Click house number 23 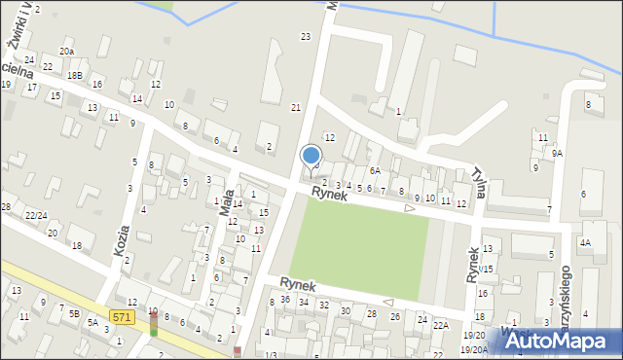pos(305,36)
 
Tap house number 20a pos(66,51)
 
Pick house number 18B pos(75,74)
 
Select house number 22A pos(440,326)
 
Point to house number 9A pos(557,154)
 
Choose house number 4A pos(585,241)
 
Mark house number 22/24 pos(35,215)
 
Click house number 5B pos(74,313)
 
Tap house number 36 pos(285,299)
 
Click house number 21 pos(296,107)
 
